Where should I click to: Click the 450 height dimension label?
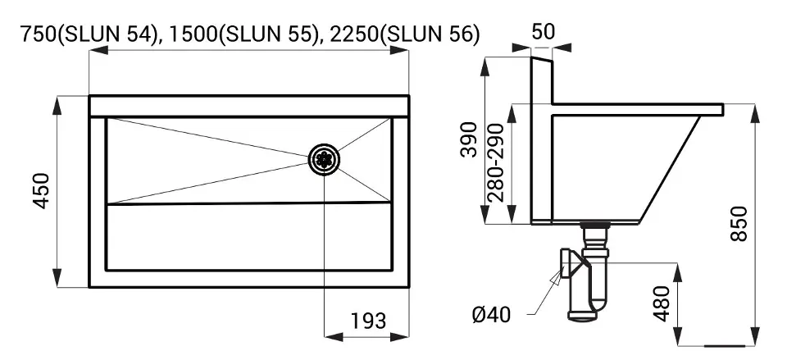point(42,191)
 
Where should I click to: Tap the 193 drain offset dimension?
point(368,320)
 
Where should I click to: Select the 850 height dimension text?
point(739,223)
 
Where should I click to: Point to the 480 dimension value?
point(662,303)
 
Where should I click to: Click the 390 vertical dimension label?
point(469,139)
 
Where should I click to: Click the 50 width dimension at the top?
point(543,32)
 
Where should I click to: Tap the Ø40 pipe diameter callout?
point(491,315)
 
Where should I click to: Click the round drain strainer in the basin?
point(324,160)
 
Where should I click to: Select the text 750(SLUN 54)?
point(89,34)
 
